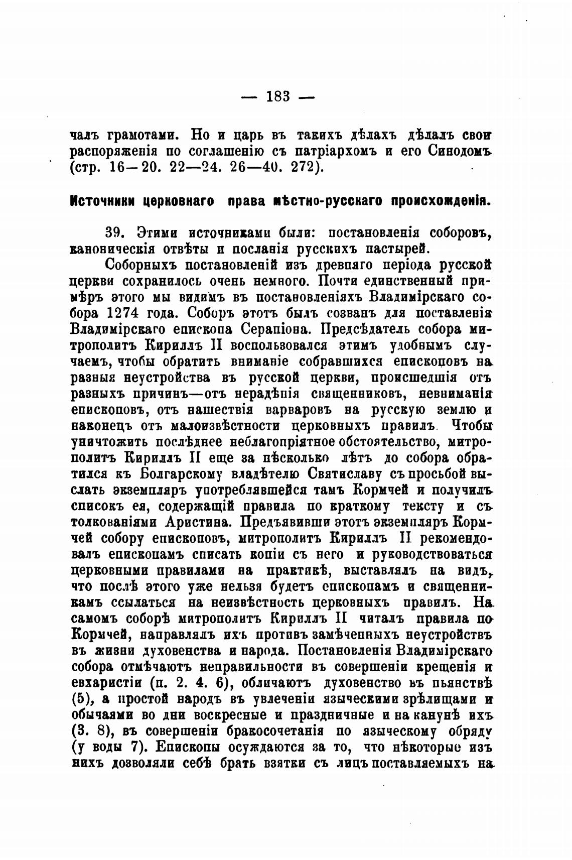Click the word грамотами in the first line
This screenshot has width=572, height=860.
pos(141,135)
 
